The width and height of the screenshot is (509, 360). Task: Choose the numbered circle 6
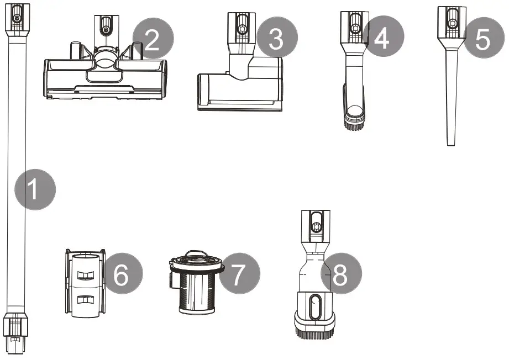[122, 274]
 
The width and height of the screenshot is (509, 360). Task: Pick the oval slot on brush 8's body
[314, 306]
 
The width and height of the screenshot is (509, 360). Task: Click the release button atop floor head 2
[106, 25]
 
